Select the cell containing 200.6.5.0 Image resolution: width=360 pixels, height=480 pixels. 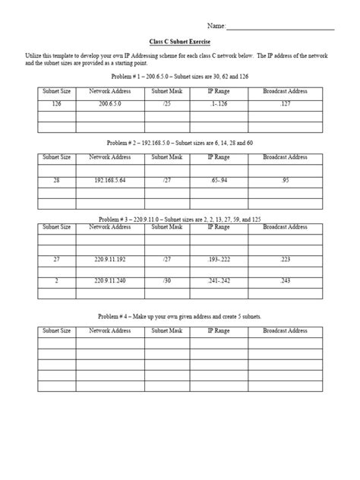109,103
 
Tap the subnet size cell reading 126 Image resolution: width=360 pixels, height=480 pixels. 57,103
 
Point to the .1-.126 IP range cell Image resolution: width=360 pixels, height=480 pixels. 219,103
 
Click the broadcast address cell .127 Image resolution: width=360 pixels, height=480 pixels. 285,103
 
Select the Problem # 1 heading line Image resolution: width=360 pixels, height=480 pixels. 180,77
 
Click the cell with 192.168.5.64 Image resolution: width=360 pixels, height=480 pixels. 109,182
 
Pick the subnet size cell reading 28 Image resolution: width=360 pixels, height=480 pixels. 57,182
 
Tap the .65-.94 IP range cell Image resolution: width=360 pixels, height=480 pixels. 219,182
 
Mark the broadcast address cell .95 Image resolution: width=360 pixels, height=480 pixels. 285,182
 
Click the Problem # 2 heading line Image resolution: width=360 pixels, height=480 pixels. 180,143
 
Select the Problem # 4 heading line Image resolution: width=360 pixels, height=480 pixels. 180,315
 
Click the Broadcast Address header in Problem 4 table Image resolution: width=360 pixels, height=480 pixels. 285,330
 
